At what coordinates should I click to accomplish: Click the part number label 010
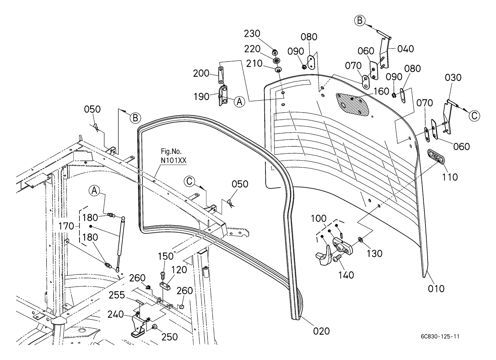[436, 288]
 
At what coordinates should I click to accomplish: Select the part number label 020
[321, 331]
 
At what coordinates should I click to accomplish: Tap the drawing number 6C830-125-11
[440, 337]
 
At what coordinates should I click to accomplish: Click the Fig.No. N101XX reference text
[173, 157]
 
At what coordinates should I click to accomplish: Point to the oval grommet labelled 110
[436, 157]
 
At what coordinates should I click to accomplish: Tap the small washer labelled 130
[360, 239]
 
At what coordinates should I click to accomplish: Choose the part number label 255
[117, 295]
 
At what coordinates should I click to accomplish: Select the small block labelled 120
[165, 286]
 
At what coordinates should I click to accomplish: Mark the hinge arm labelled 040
[385, 54]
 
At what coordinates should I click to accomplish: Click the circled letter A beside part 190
[239, 102]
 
